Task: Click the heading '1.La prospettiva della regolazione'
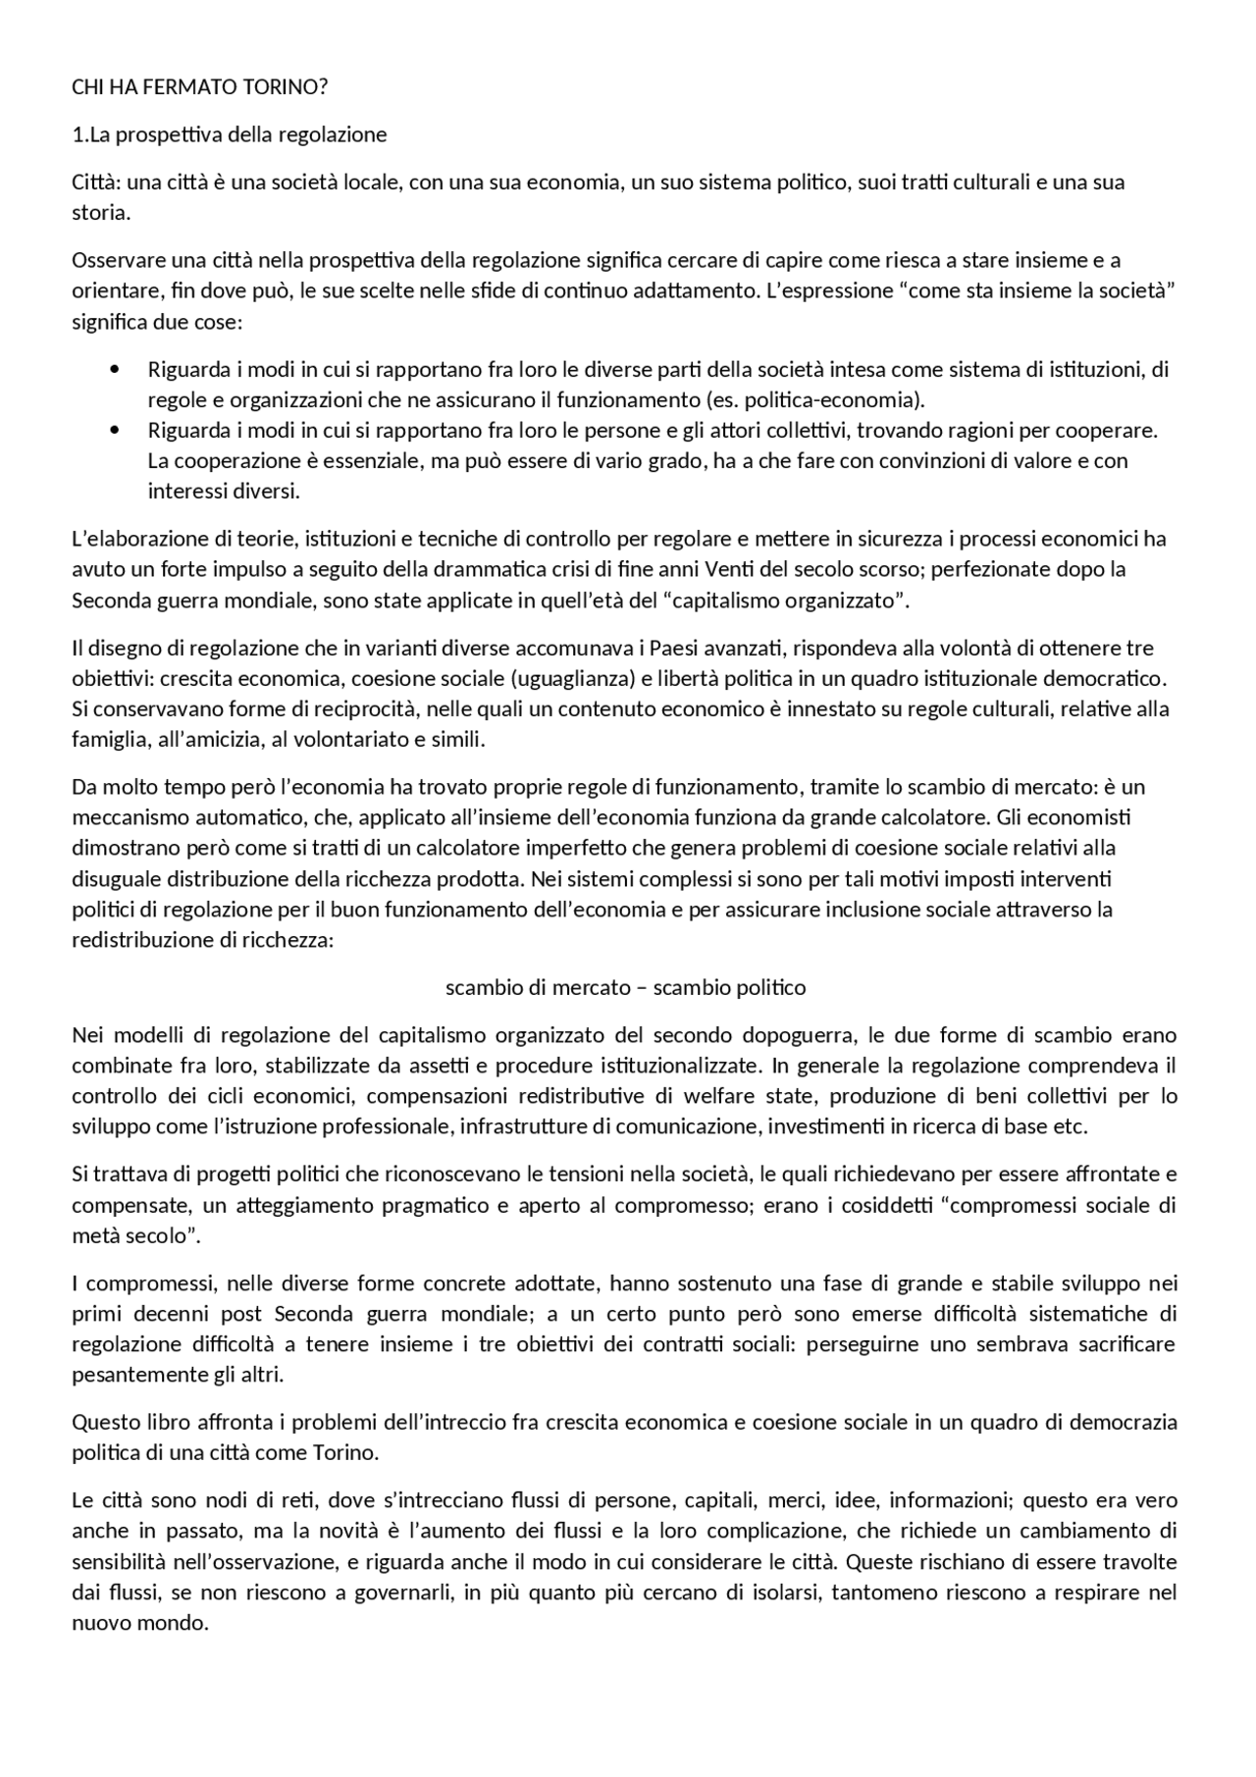230,134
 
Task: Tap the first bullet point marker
116,370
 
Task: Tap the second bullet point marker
116,431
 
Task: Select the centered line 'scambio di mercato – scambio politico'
626,988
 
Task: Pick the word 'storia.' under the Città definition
100,213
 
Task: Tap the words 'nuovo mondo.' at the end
140,1623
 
